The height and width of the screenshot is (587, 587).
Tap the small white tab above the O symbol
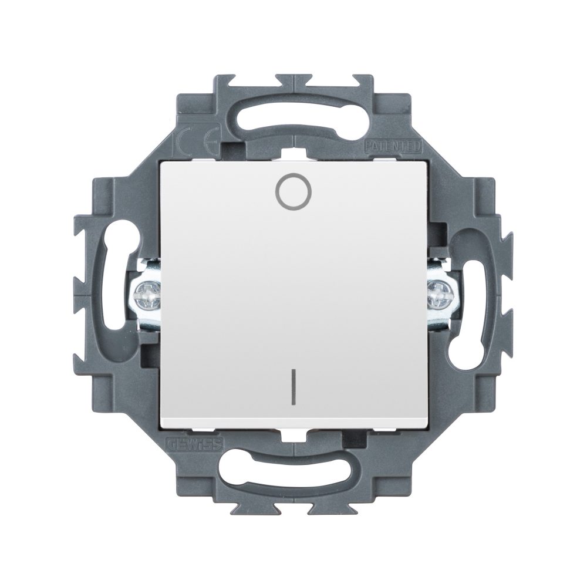point(292,154)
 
